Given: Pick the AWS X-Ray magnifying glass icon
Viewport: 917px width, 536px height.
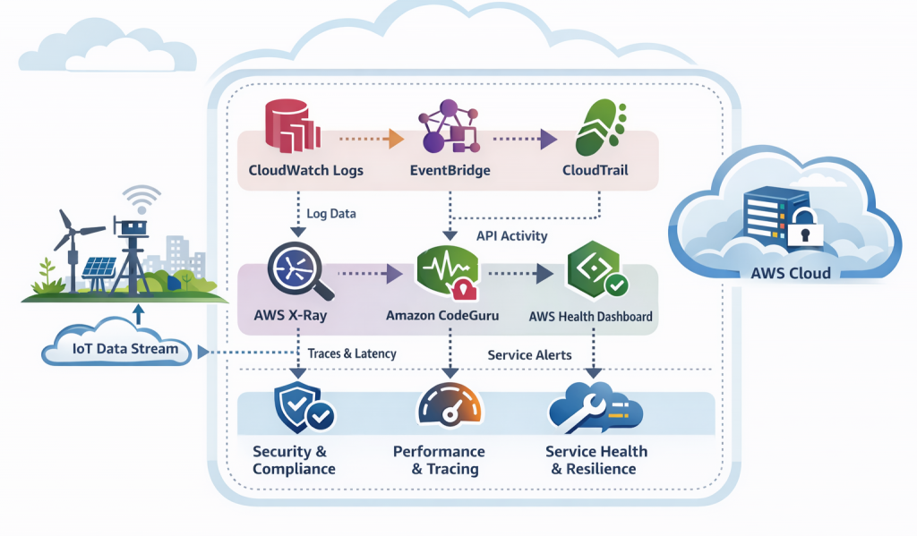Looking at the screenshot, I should pyautogui.click(x=299, y=270).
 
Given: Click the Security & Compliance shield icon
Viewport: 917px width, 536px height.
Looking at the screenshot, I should pyautogui.click(x=299, y=408).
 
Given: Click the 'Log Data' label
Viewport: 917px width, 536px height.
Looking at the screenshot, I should pyautogui.click(x=330, y=214).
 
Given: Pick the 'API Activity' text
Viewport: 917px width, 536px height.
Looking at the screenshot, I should pyautogui.click(x=512, y=236).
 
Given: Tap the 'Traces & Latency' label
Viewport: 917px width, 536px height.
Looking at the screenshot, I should pyautogui.click(x=351, y=353).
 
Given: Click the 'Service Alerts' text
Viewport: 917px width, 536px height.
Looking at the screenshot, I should pyautogui.click(x=529, y=354).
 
